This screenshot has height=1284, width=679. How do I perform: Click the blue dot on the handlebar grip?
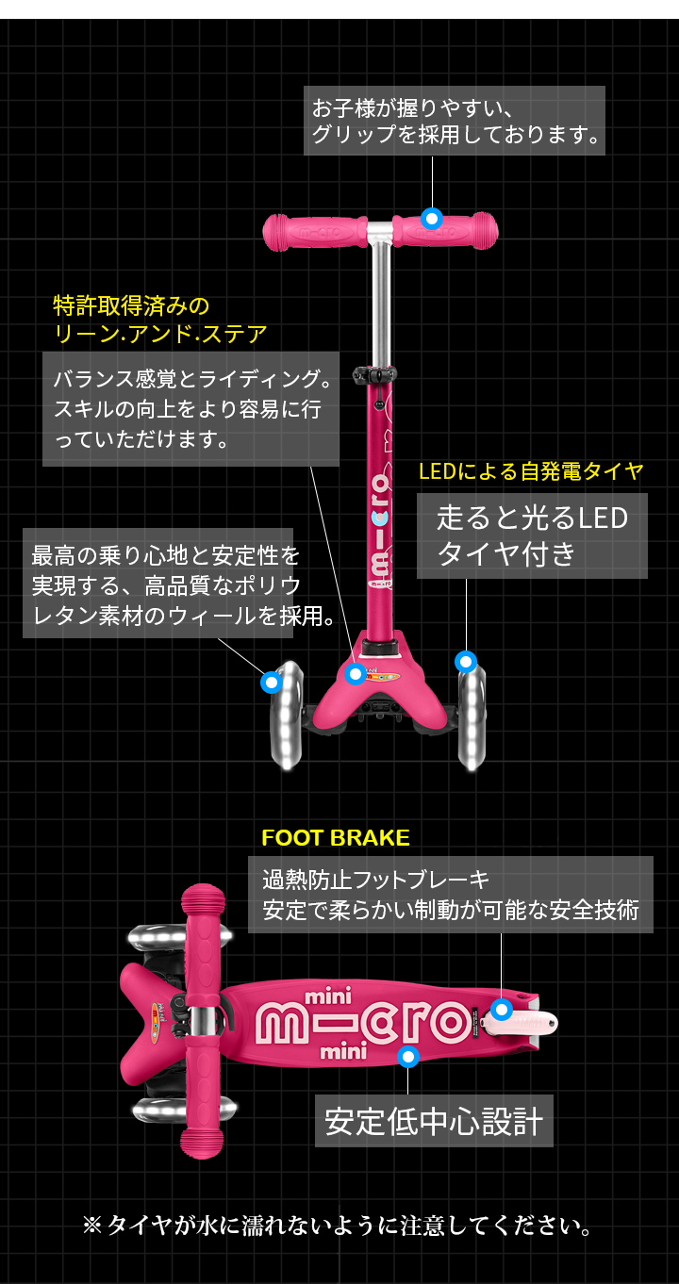[x=432, y=219]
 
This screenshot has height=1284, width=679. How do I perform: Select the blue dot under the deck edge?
[x=408, y=1057]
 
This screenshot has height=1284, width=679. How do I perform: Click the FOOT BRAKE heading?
[x=335, y=838]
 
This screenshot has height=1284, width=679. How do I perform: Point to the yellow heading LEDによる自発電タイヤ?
[x=531, y=471]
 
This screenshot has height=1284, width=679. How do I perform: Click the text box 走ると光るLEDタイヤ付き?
[x=532, y=535]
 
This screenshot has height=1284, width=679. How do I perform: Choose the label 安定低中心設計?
[x=434, y=1121]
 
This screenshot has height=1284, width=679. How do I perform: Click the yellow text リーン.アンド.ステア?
[x=160, y=333]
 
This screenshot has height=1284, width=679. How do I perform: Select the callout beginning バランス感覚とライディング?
[x=190, y=409]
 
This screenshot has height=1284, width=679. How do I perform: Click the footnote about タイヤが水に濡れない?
[x=339, y=1226]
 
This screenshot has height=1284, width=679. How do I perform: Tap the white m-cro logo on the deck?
[x=363, y=1021]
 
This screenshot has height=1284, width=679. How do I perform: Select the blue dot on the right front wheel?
[x=465, y=661]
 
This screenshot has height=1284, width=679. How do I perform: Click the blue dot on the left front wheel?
[x=272, y=681]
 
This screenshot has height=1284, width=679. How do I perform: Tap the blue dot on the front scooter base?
[x=355, y=673]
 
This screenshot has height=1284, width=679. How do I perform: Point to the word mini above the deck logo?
[x=328, y=996]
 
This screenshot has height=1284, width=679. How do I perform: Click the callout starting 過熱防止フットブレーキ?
[x=450, y=895]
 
